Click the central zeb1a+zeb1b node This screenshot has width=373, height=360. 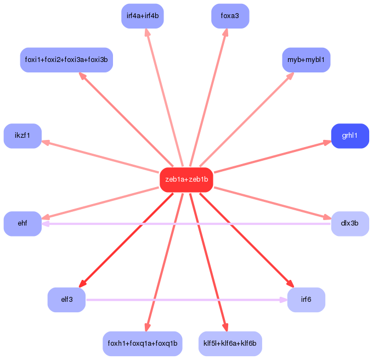[x=187, y=180]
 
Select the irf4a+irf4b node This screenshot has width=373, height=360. [x=142, y=16]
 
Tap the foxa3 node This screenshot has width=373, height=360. [x=230, y=16]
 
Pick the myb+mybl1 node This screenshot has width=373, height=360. [x=306, y=60]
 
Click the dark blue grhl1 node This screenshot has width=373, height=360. [x=350, y=136]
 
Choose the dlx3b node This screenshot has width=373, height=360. [x=350, y=223]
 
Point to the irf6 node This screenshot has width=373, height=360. [x=306, y=300]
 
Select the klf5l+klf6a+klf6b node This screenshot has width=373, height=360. [x=230, y=344]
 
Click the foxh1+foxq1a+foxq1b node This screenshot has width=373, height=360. [x=142, y=344]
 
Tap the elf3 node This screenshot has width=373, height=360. [x=66, y=300]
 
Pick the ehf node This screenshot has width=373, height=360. [x=22, y=223]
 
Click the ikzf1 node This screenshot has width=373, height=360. [x=22, y=136]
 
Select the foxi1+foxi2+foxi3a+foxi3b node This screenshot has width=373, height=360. [x=66, y=60]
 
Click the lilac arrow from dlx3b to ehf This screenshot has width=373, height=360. [x=187, y=224]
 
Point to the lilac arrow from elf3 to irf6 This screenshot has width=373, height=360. [x=187, y=300]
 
